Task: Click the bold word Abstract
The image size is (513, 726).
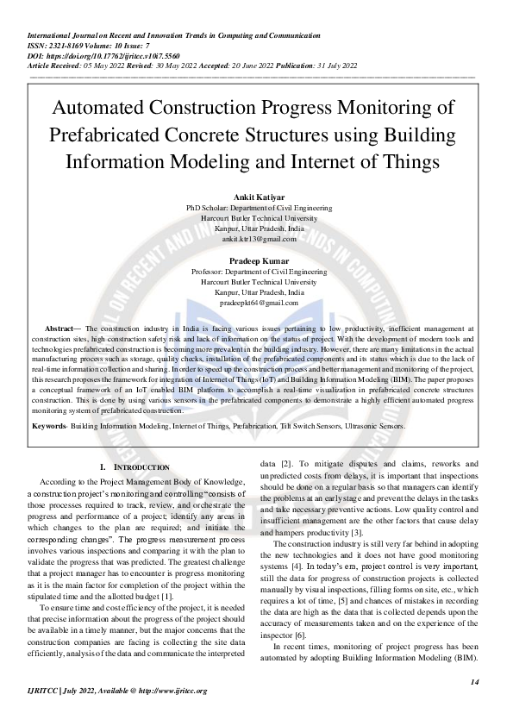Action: click(59, 329)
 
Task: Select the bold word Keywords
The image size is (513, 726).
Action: click(47, 426)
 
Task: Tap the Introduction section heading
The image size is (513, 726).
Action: click(136, 466)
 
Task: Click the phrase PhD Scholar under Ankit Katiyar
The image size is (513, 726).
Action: click(207, 209)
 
